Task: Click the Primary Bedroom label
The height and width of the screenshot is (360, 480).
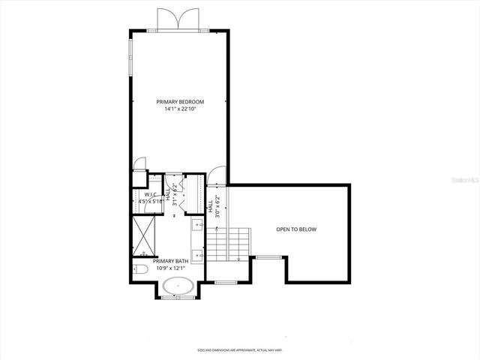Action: tap(180, 101)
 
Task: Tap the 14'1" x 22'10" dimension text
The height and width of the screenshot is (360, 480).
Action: tap(180, 109)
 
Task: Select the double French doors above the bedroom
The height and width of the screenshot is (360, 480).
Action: tap(179, 19)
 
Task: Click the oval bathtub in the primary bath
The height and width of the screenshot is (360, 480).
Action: tap(178, 286)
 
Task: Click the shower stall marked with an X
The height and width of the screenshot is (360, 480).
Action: tap(144, 235)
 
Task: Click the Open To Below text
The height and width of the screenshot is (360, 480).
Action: tap(296, 229)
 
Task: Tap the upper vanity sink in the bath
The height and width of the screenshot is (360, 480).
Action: tap(198, 223)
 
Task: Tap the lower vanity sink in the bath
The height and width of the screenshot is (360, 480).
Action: tap(198, 254)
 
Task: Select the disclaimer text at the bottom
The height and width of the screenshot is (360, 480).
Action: tap(239, 349)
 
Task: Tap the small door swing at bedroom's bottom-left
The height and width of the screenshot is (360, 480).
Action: tap(139, 164)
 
